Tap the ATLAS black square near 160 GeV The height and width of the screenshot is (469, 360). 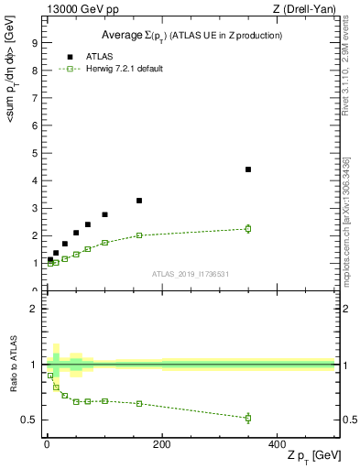[x=139, y=201]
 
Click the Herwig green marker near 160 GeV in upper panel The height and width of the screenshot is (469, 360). [x=139, y=235]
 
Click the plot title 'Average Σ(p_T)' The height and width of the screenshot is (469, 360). [x=191, y=35]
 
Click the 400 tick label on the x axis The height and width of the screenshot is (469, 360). [x=277, y=444]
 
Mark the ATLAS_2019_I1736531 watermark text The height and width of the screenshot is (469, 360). [x=190, y=274]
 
